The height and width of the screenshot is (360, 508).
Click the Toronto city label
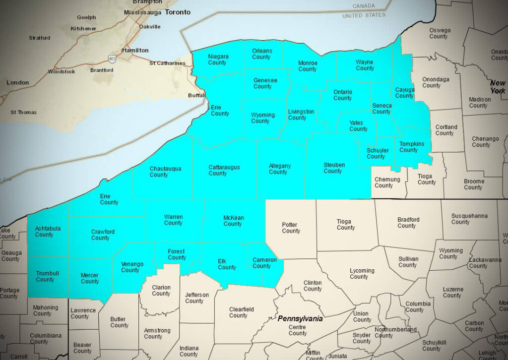click(x=177, y=12)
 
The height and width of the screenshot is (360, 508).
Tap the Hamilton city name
click(x=135, y=50)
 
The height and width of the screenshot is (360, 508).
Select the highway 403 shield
click(x=112, y=60)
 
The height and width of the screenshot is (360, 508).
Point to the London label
click(x=17, y=82)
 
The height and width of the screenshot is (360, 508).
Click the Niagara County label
click(x=218, y=60)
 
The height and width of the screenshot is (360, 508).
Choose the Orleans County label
click(x=261, y=54)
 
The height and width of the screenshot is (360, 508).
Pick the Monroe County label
click(x=308, y=66)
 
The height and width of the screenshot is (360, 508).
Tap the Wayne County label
click(x=365, y=65)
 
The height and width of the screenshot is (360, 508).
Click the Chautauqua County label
click(x=165, y=172)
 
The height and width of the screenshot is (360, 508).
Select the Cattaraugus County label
click(x=223, y=170)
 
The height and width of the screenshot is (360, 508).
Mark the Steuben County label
click(x=333, y=168)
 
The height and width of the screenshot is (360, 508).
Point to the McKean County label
click(x=232, y=220)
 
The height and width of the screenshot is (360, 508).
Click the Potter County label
click(x=291, y=228)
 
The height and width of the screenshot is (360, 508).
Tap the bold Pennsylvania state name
click(x=300, y=318)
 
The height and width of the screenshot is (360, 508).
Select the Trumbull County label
click(x=46, y=276)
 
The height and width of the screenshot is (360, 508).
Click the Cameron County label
click(x=264, y=263)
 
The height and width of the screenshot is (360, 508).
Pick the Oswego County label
click(x=440, y=33)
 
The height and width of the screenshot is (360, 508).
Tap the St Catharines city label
click(x=167, y=63)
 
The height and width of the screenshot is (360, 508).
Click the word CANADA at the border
click(x=364, y=6)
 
